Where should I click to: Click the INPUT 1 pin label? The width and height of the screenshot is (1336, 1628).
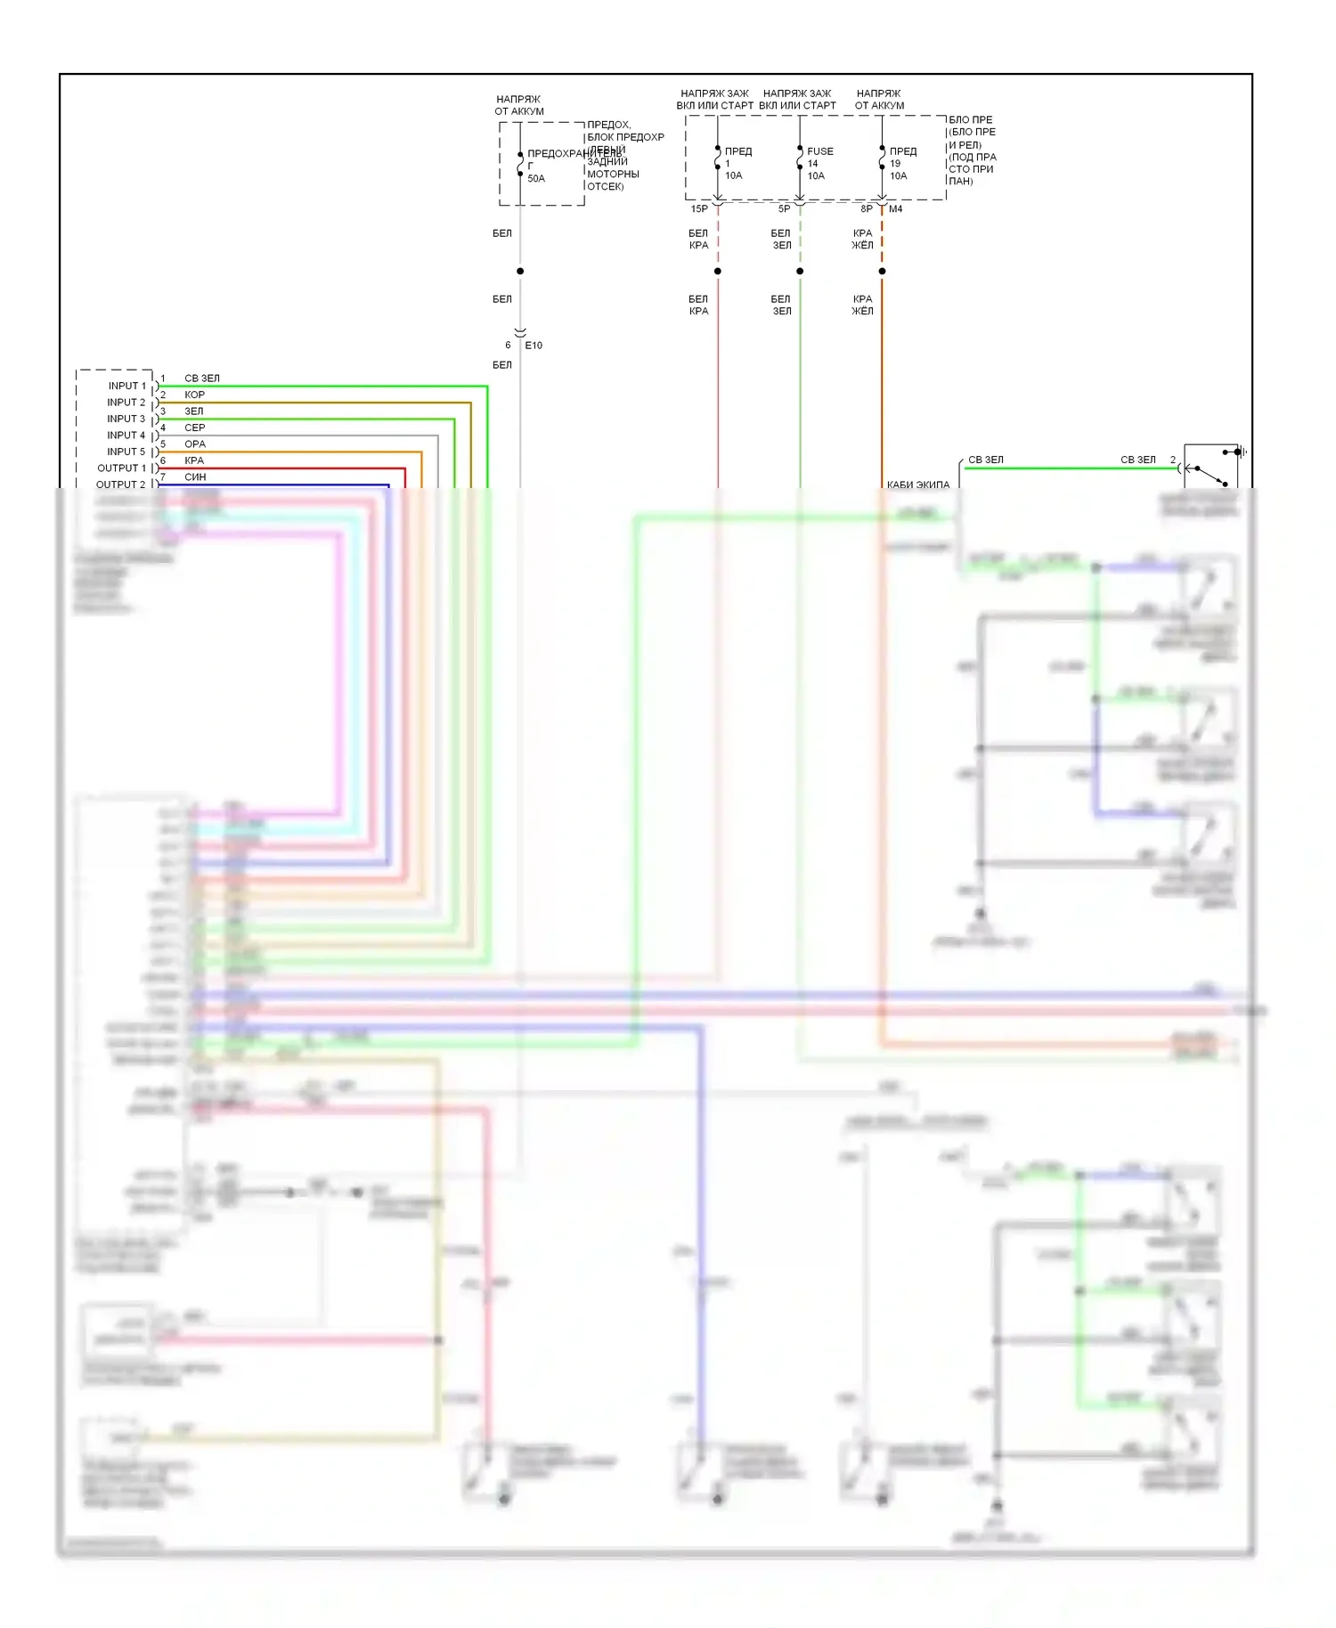pos(126,386)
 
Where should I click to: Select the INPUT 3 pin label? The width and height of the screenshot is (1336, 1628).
pos(126,419)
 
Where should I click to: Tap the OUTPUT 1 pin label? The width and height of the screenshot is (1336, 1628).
pos(121,468)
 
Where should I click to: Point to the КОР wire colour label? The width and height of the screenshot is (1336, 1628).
pos(194,395)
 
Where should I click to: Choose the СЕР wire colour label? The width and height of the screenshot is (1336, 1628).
pos(194,427)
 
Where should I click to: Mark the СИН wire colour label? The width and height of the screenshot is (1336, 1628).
pos(194,477)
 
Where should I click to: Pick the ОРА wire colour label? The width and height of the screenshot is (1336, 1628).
pos(194,444)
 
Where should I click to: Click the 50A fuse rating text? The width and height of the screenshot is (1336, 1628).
pos(536,178)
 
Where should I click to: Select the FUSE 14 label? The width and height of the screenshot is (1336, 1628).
pos(819,158)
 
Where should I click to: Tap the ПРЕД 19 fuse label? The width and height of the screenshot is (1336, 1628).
pos(902,158)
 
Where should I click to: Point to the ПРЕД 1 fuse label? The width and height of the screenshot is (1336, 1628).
pos(737,158)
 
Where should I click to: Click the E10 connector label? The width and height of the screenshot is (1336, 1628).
pos(534,346)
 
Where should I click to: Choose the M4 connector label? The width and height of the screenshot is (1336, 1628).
pos(895,209)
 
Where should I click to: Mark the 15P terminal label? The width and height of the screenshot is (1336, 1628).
pos(699,209)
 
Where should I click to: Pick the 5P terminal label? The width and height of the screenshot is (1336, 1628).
pos(784,209)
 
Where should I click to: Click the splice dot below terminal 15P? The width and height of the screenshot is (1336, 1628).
pos(718,271)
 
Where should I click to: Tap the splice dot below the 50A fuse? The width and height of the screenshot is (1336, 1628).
pos(520,271)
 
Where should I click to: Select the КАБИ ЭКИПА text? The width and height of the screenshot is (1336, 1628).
pos(917,484)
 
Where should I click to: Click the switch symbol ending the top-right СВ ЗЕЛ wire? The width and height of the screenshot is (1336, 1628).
pos(1211,466)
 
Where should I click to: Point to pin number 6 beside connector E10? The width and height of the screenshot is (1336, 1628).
pos(508,346)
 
